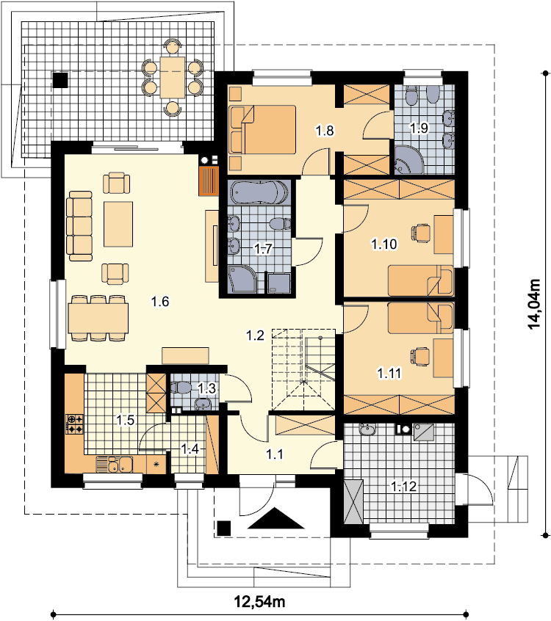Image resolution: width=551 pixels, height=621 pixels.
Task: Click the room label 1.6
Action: [160, 302]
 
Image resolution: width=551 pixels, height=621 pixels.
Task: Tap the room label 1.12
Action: [404, 487]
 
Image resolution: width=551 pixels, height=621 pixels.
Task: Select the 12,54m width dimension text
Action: [259, 602]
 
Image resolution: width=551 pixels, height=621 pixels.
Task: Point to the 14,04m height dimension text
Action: [534, 304]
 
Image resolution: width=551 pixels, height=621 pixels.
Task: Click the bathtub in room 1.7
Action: [259, 193]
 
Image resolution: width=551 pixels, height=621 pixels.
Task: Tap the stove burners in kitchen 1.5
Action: [74, 424]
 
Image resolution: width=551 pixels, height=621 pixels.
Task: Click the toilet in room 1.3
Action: [181, 388]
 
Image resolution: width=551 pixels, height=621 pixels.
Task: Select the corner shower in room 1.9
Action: [409, 160]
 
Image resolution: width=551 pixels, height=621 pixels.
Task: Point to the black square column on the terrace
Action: [60, 80]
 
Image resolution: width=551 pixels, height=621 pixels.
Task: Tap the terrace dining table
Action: [173, 77]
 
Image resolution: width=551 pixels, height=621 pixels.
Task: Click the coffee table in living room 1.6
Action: [118, 224]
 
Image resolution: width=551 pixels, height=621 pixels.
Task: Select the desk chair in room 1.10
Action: [421, 233]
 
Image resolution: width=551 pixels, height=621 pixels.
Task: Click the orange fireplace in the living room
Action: [209, 181]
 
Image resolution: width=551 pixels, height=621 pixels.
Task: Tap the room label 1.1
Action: [274, 454]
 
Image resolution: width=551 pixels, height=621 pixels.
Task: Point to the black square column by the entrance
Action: [224, 529]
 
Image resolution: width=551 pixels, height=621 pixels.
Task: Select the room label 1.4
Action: [190, 449]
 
